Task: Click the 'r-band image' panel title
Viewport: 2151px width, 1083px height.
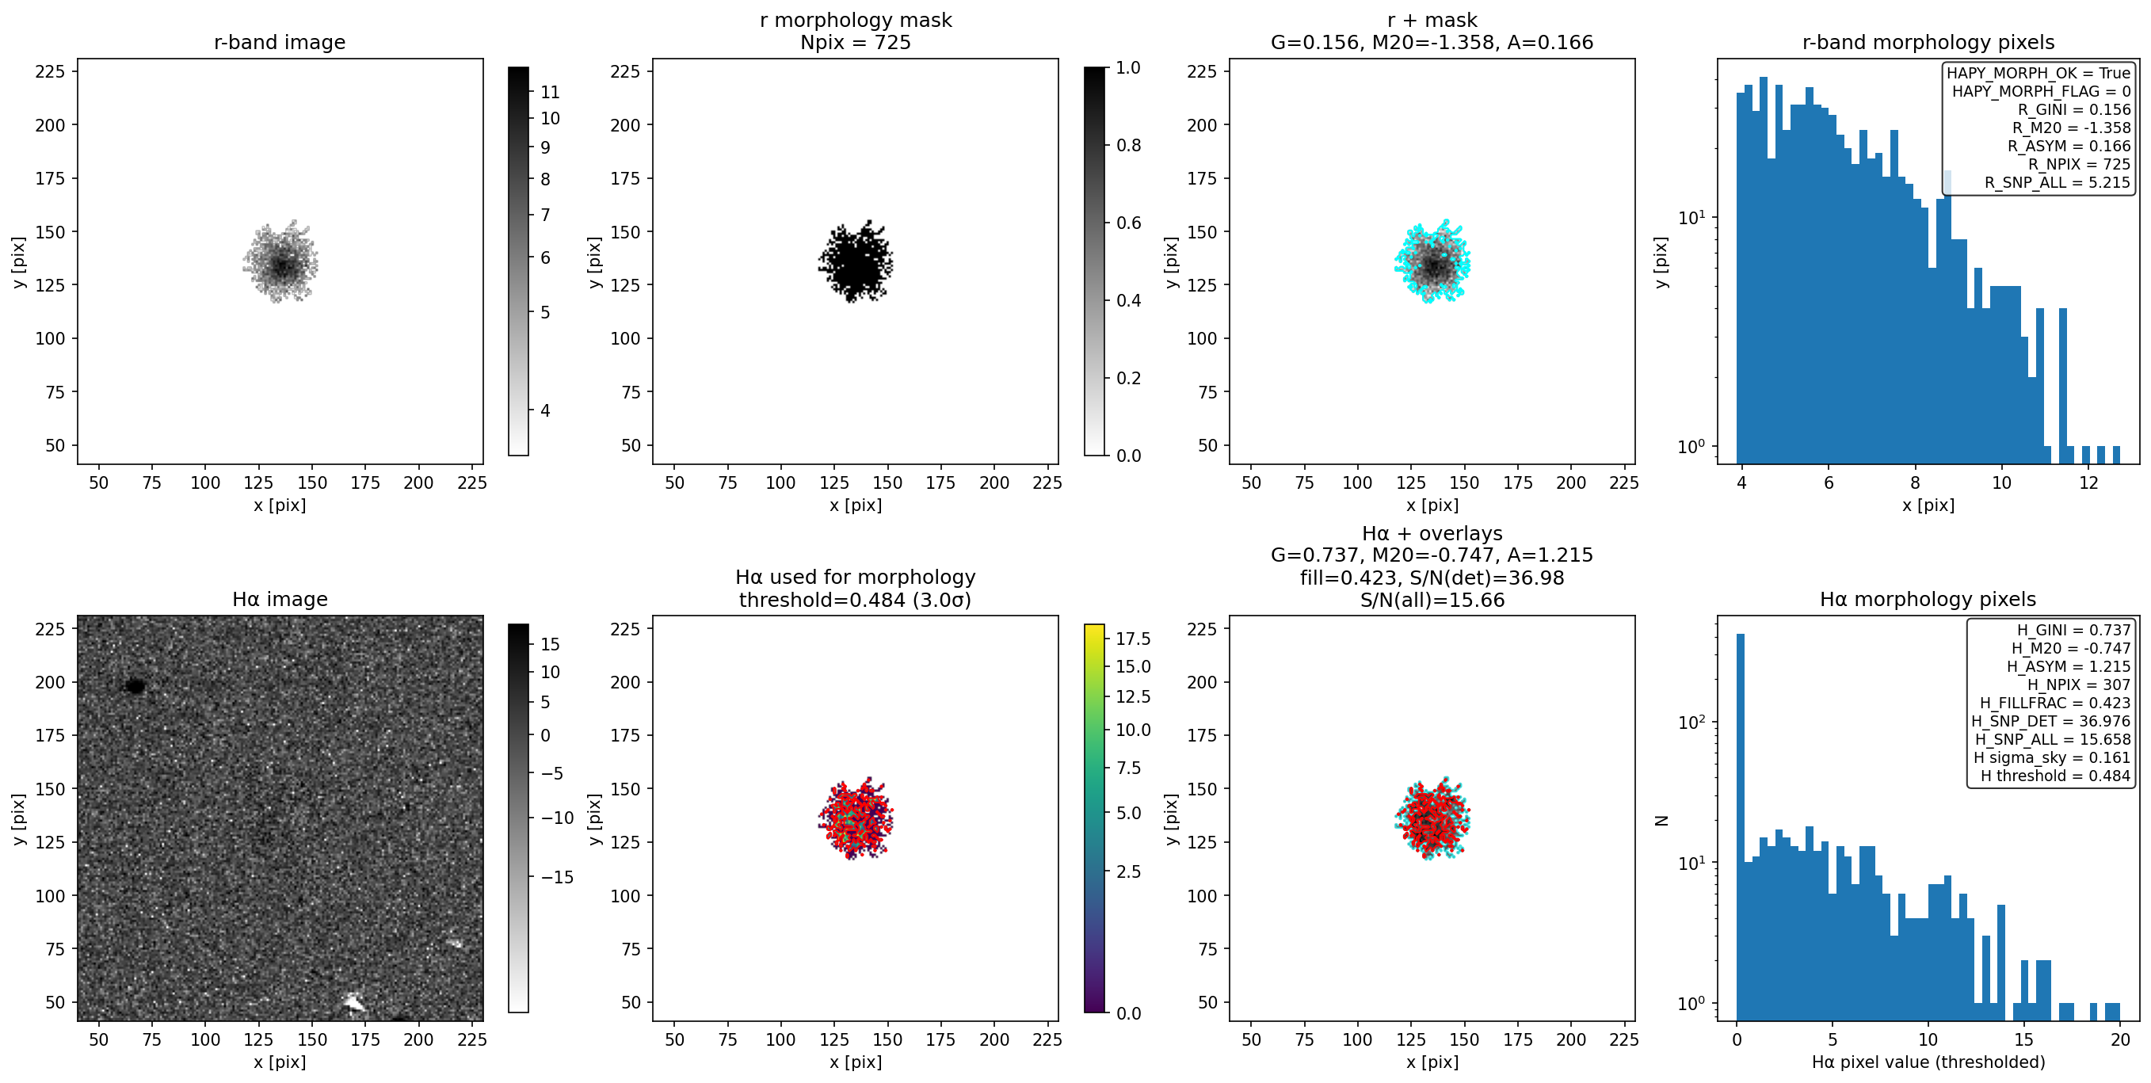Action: point(280,42)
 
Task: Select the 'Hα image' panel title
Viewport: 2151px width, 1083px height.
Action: point(280,599)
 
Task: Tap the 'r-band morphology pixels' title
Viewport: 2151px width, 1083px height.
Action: point(1928,42)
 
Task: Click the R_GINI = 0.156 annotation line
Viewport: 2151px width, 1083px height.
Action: point(2074,109)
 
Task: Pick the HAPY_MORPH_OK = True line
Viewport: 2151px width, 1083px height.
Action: point(2038,73)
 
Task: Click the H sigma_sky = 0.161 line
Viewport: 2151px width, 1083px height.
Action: point(2052,757)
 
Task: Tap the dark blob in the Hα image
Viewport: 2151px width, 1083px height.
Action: point(135,686)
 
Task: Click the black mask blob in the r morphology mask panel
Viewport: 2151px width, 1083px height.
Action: point(855,262)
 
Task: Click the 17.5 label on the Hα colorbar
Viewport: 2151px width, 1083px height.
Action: point(1133,639)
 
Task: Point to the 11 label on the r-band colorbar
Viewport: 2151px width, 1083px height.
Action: point(551,92)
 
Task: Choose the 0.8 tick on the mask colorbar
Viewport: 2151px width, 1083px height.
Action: point(1129,145)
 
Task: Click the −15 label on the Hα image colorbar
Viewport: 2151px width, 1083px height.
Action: point(553,877)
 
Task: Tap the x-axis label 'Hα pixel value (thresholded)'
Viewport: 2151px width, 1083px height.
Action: point(1928,1062)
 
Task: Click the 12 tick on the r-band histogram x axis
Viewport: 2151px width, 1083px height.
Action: point(2088,482)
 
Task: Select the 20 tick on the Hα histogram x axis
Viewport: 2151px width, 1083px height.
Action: point(2120,1039)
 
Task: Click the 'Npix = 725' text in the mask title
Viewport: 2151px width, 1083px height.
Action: point(855,42)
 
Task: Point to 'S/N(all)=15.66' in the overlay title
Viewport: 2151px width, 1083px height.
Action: point(1432,600)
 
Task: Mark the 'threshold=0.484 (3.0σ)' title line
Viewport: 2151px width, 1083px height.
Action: point(855,600)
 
